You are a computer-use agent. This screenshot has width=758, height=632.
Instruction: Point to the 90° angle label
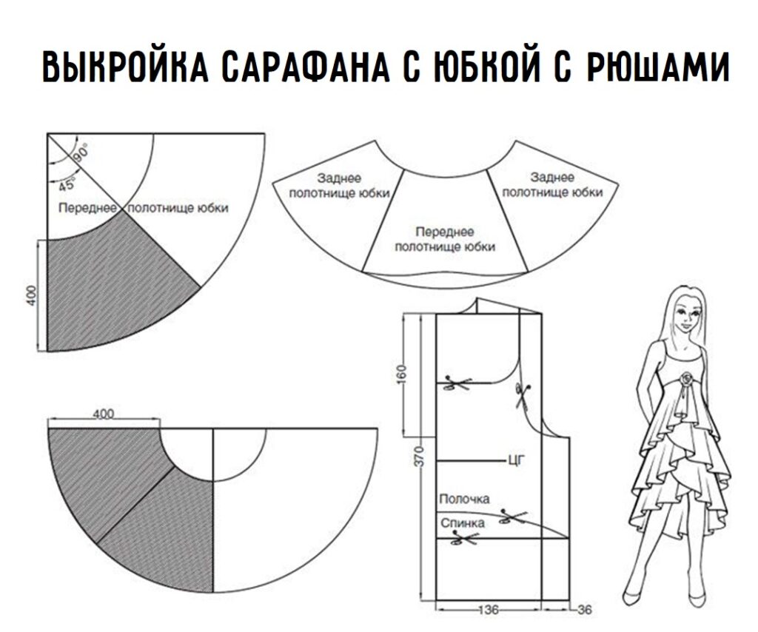80,152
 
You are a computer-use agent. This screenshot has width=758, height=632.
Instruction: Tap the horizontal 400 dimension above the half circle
103,414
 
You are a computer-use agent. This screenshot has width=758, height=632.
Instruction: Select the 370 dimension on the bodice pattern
417,454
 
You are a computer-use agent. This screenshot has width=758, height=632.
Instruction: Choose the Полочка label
464,500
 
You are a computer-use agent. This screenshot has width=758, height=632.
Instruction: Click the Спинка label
463,523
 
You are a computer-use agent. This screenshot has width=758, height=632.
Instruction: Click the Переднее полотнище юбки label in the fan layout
445,239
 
